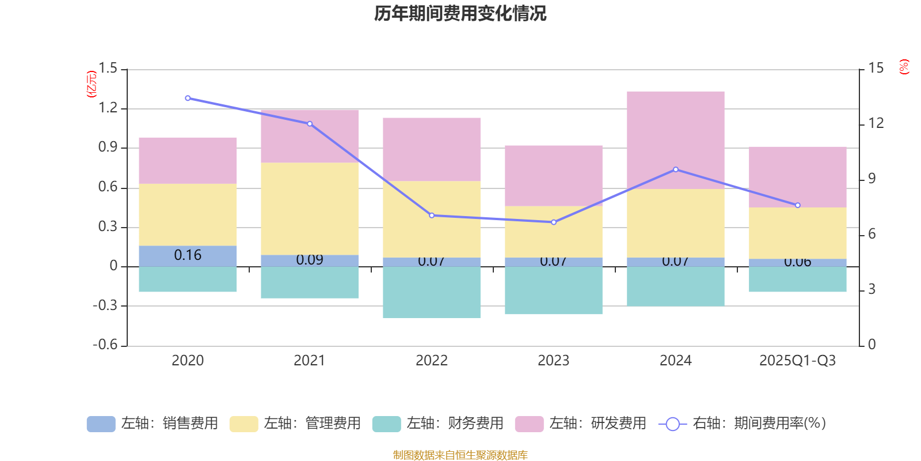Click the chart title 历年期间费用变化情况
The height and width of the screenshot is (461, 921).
460,13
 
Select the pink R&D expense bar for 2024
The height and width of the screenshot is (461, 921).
675,139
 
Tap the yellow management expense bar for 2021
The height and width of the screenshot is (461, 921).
310,209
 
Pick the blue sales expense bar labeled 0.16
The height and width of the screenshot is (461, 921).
188,256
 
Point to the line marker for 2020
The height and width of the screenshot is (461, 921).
188,98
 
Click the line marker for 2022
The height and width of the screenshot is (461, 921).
432,216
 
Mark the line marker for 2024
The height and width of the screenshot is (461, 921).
676,169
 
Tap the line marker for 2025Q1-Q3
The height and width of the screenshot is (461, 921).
798,205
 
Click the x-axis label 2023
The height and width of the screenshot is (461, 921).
553,361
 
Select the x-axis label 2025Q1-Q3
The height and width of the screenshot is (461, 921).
797,361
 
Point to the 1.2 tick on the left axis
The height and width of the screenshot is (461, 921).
108,108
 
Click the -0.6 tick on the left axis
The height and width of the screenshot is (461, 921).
105,345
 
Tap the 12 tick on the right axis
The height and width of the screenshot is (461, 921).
876,123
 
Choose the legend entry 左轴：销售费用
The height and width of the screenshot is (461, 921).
153,424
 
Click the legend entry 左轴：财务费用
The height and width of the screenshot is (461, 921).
438,424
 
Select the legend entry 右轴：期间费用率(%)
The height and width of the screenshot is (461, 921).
743,424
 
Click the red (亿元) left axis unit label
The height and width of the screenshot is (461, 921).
91,84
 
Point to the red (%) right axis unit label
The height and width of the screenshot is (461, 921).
904,67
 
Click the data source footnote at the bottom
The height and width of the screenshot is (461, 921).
460,455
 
